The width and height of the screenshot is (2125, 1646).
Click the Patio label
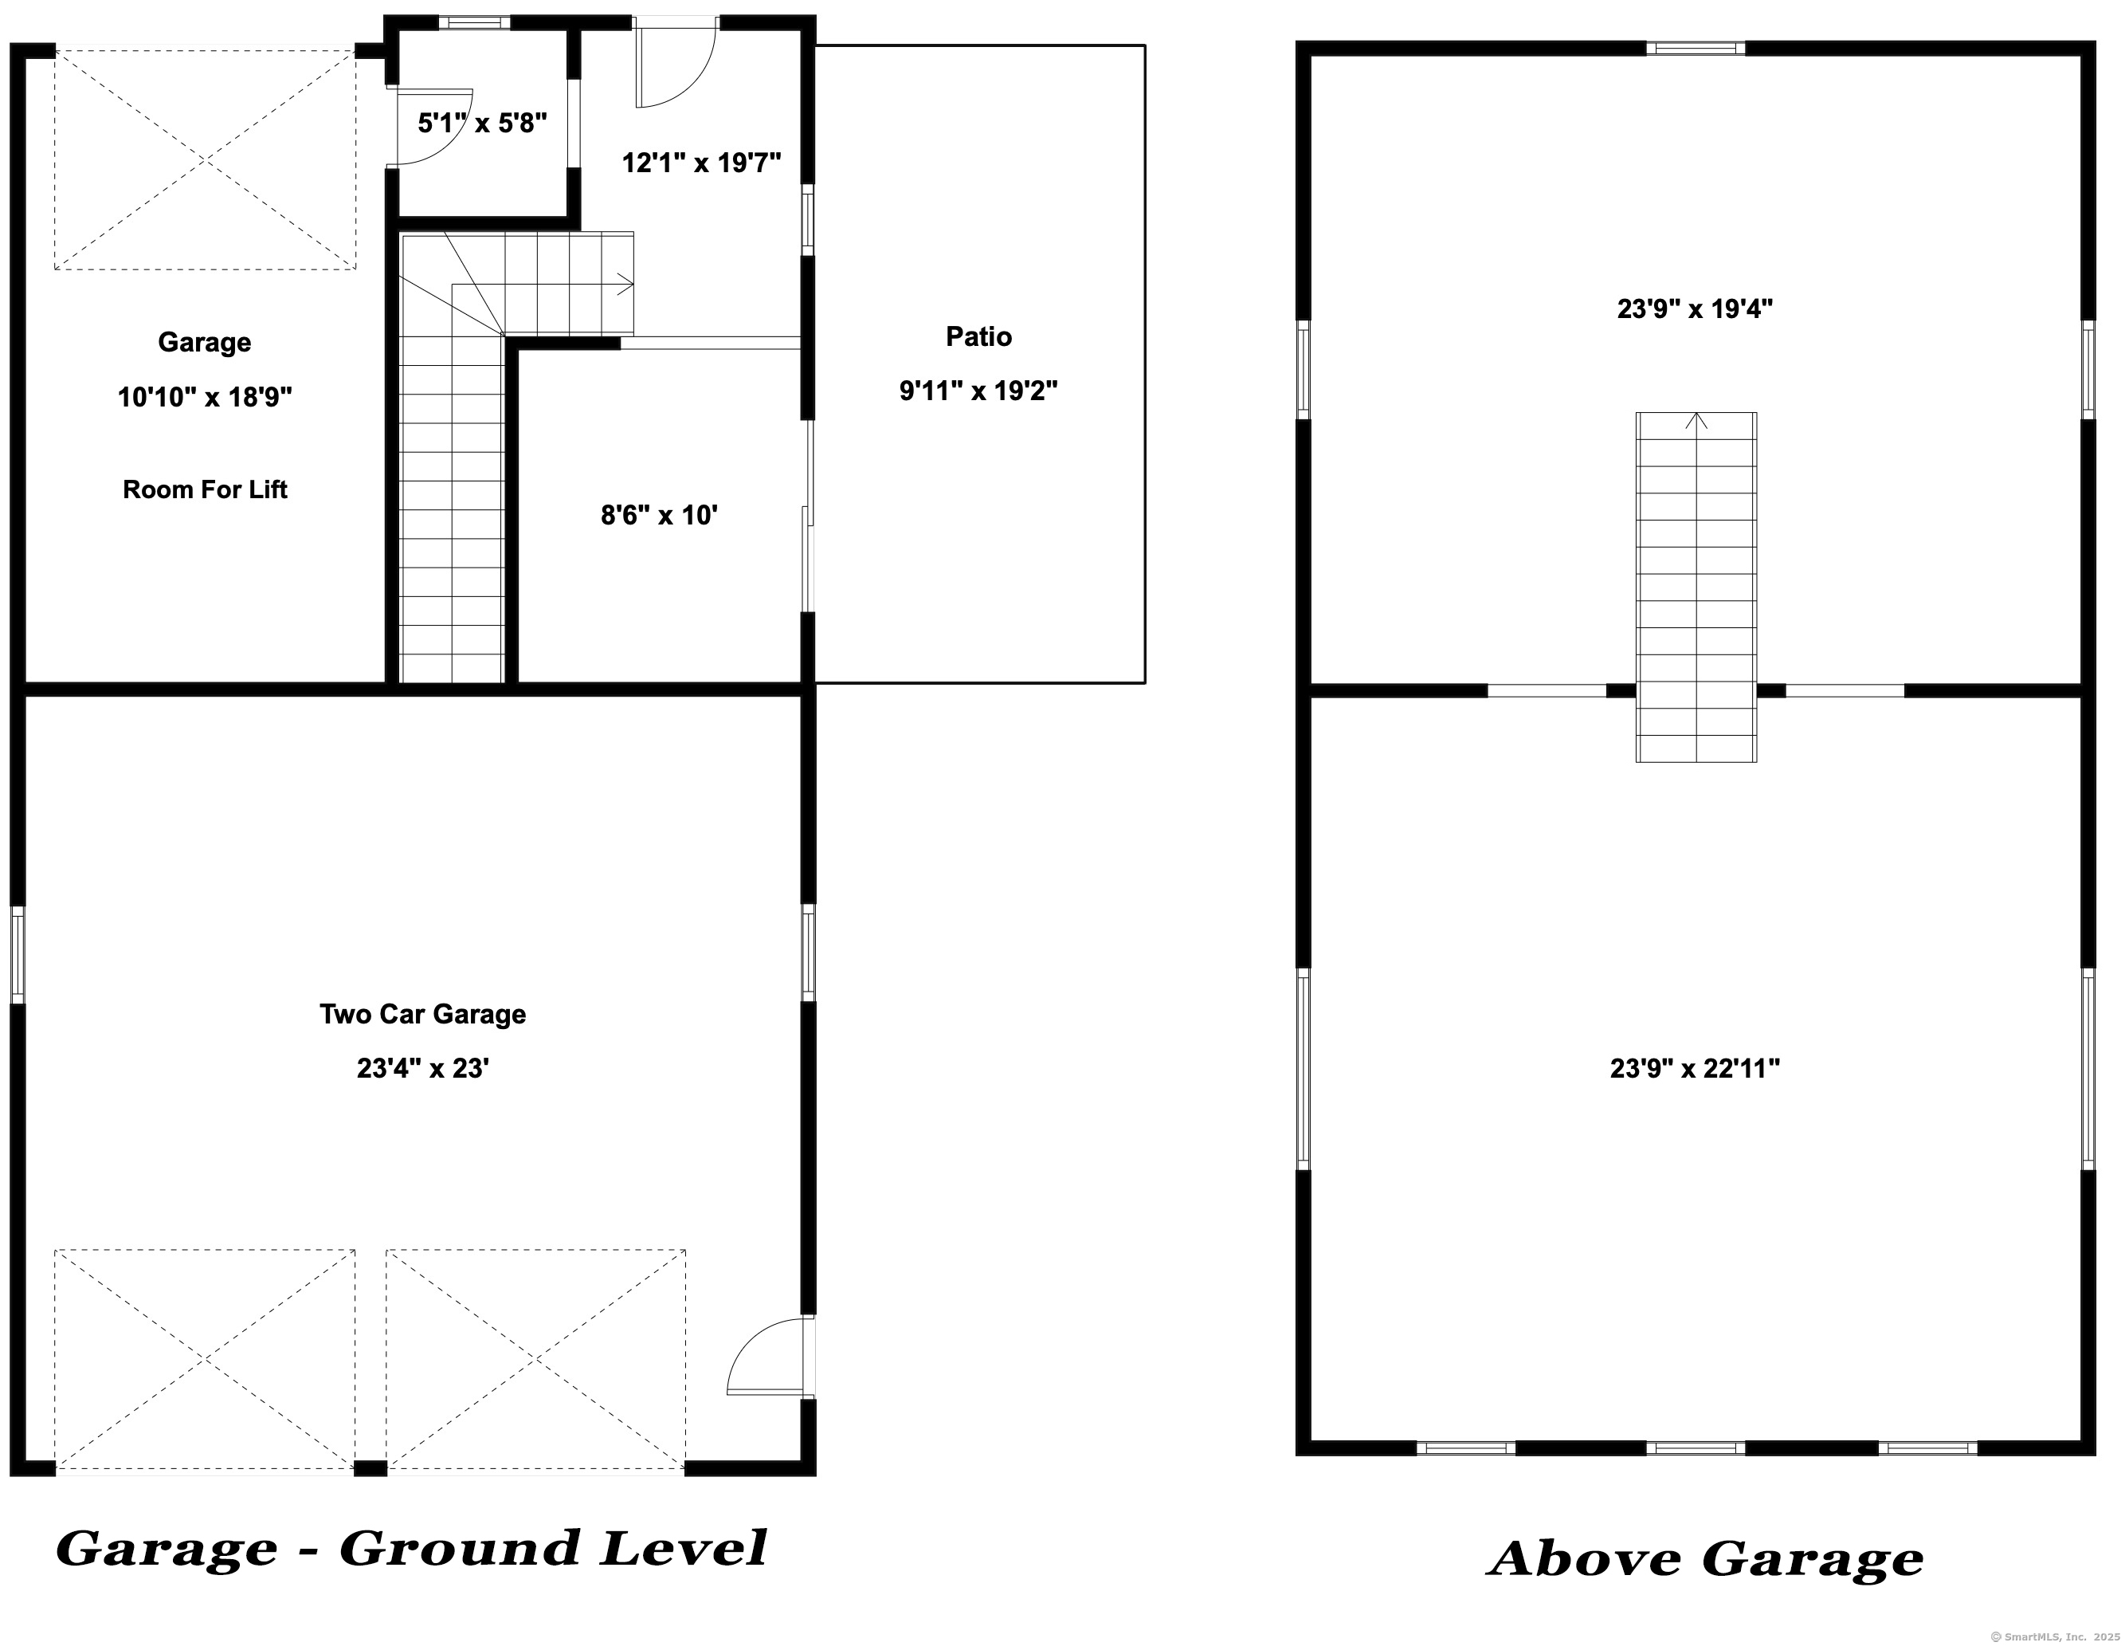(x=978, y=337)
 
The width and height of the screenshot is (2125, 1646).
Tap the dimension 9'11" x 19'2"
(x=978, y=391)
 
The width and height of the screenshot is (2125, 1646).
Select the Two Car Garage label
(x=423, y=1014)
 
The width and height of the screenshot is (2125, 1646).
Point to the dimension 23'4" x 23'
(x=423, y=1069)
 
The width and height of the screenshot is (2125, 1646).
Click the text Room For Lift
(x=206, y=489)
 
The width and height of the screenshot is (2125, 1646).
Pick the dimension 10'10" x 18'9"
(x=206, y=397)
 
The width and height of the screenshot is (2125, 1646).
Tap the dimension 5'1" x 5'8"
(x=483, y=124)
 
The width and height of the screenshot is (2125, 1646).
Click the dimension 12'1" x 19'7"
(x=701, y=163)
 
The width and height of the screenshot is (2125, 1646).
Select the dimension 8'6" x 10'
(x=660, y=515)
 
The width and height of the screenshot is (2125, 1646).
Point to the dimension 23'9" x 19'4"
(x=1695, y=309)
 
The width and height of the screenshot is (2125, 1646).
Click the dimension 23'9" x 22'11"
(x=1695, y=1069)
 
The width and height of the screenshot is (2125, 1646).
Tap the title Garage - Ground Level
(x=412, y=1549)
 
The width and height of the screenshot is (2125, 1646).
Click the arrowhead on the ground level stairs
(x=625, y=285)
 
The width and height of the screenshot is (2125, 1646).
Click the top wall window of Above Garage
(x=1696, y=48)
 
